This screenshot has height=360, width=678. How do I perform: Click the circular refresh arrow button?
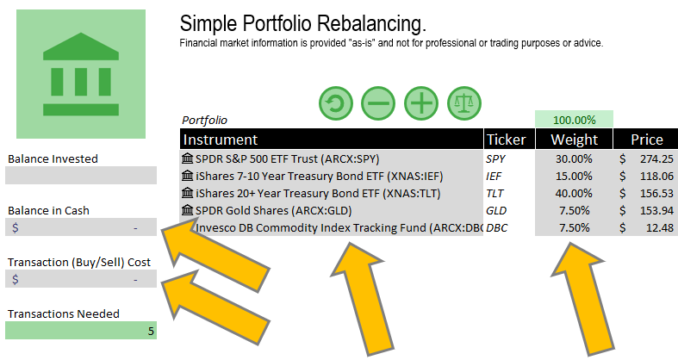(336, 104)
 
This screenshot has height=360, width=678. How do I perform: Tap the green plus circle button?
(420, 104)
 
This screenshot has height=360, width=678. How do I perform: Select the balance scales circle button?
(463, 104)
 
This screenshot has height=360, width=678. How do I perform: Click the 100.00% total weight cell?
(574, 120)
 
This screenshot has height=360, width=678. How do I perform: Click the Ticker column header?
(506, 140)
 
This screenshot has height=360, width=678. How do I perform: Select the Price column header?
(646, 140)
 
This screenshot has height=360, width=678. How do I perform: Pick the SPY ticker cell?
(496, 159)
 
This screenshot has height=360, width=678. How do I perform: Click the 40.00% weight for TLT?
(572, 194)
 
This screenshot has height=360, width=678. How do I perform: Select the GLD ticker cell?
(497, 211)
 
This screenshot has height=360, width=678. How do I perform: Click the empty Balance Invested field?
(81, 176)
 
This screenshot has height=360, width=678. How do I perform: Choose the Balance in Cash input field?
(81, 227)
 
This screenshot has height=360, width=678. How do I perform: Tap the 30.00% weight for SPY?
(572, 159)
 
